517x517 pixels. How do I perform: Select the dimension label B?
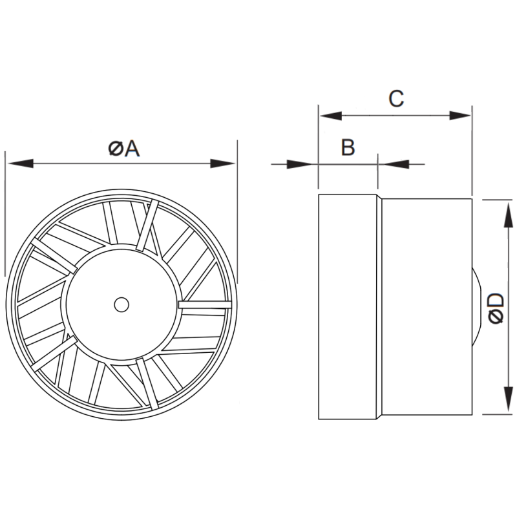point(348,148)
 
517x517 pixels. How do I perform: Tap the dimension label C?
point(396,98)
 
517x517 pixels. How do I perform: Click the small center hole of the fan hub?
point(121,304)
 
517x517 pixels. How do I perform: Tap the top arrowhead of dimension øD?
point(504,209)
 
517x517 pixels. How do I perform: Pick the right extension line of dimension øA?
point(237,213)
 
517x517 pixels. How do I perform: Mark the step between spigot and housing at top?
point(379,196)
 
